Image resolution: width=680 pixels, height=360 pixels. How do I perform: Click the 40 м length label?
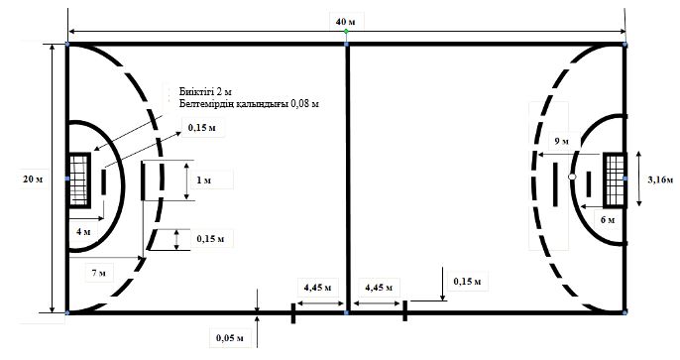345,21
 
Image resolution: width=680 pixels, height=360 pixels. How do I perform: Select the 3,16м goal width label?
660,180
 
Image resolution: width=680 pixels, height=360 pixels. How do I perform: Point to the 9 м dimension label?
561,142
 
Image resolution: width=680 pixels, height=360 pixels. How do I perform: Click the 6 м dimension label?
608,219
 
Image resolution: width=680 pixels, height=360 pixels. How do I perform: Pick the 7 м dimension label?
99,273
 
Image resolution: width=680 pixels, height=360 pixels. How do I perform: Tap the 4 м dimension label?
83,232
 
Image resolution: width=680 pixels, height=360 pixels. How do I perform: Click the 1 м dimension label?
204,180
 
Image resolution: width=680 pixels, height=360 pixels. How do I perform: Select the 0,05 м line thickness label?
229,337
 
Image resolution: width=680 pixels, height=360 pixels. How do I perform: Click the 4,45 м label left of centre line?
318,287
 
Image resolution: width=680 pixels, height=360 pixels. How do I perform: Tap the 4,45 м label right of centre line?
379,288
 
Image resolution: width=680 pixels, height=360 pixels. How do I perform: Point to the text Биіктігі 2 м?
205,92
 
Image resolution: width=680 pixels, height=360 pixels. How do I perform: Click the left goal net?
78,180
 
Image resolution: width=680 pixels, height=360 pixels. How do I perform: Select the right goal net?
615,180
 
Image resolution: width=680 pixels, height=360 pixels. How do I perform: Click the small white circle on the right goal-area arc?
572,177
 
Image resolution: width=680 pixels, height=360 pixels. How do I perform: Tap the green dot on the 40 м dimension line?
346,31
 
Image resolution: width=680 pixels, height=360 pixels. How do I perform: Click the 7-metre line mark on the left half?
143,180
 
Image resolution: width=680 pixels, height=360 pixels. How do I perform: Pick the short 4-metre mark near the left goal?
104,182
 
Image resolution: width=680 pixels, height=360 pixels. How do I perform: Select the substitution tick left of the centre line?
293,313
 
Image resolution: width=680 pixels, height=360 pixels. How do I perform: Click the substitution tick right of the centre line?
405,310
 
